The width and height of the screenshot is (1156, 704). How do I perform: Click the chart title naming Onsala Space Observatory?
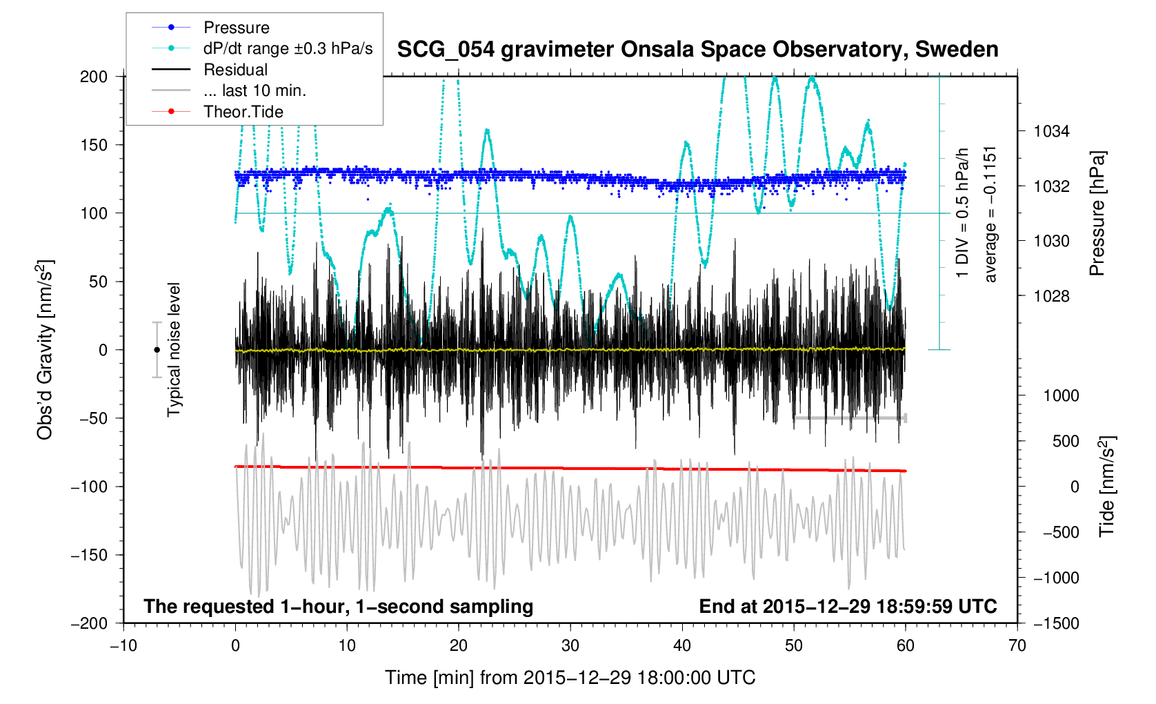point(697,50)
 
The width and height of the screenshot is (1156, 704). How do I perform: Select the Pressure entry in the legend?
point(236,28)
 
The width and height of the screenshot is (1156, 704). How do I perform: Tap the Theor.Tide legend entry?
point(243,112)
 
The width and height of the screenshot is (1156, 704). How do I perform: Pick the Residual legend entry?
point(235,70)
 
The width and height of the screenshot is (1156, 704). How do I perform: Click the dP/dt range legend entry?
point(288,48)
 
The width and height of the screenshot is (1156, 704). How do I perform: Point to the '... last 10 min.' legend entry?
point(255,90)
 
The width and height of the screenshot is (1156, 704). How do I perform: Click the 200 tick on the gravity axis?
point(94,77)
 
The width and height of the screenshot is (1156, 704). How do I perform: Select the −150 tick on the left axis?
point(90,555)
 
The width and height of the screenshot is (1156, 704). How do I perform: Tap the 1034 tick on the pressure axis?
point(1051,131)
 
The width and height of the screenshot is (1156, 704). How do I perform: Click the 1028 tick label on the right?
point(1051,296)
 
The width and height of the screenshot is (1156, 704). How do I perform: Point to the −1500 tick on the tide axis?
point(1056,623)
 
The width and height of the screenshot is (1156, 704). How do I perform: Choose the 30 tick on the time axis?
point(570,646)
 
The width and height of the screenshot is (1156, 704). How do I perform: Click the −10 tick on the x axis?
point(123,646)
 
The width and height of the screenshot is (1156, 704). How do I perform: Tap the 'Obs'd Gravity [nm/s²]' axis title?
point(45,349)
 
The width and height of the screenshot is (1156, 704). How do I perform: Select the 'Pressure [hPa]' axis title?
point(1097,214)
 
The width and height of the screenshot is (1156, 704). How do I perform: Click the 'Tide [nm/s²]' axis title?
point(1107,486)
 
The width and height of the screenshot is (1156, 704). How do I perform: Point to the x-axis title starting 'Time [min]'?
point(570,678)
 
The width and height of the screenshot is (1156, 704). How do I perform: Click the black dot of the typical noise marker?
point(157,350)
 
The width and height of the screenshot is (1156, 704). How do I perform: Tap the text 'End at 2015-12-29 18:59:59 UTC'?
point(848,607)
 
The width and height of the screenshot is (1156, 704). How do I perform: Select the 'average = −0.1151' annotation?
point(990,214)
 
